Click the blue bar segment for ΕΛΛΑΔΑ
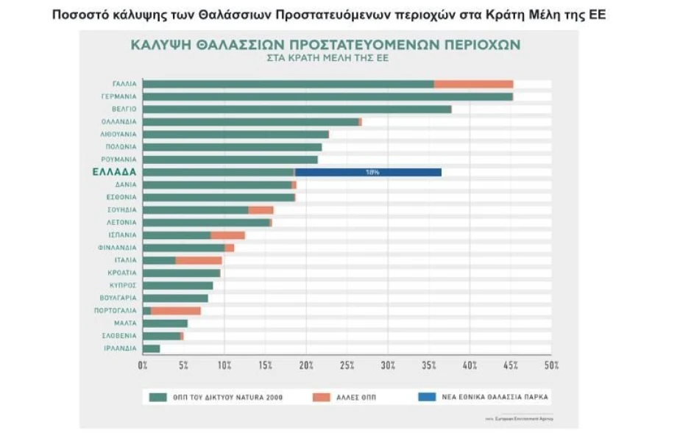tap(368, 172)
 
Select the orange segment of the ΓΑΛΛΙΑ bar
tap(473, 84)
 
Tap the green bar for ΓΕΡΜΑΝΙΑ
tap(327, 96)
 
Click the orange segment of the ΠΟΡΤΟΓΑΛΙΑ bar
tap(176, 310)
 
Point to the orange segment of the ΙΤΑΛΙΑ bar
tap(199, 260)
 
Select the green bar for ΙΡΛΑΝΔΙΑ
tap(151, 348)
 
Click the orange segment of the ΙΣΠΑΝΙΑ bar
tap(227, 235)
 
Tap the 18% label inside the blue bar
tap(372, 172)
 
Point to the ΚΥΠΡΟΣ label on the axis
tap(121, 285)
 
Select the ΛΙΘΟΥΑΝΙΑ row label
tap(118, 135)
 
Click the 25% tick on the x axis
tap(347, 365)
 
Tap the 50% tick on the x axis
tap(552, 365)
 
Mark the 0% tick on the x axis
tap(143, 365)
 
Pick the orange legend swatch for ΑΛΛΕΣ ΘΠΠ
tap(321, 397)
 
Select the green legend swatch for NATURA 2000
tap(158, 397)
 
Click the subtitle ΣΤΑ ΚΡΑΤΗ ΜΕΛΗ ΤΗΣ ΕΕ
tap(326, 57)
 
